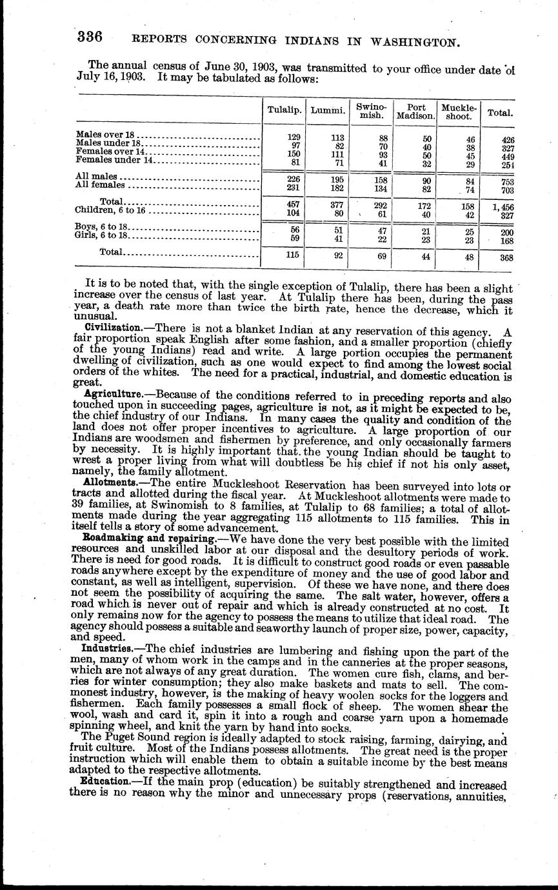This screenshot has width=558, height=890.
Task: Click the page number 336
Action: pos(90,37)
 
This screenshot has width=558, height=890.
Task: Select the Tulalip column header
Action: pos(284,110)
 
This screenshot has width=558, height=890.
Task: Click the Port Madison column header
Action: pos(414,111)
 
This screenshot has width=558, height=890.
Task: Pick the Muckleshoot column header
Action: pos(457,111)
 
